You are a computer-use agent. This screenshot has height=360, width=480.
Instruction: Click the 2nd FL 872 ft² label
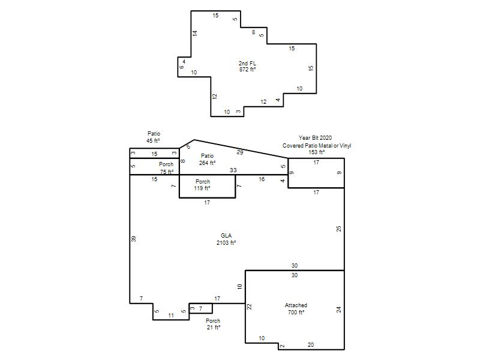[247, 67]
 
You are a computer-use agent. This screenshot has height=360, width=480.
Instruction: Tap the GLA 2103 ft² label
[226, 239]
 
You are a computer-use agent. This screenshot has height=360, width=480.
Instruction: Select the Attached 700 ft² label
[296, 308]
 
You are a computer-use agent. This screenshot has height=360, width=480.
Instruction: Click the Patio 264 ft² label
[207, 160]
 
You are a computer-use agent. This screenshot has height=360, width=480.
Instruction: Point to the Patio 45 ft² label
[154, 137]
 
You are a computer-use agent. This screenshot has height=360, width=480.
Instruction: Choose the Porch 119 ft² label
[202, 185]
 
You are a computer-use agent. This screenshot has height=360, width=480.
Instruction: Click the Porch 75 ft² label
[166, 168]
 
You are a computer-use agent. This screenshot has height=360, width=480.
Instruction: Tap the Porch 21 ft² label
[213, 324]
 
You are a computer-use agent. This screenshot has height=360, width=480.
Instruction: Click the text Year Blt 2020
[316, 138]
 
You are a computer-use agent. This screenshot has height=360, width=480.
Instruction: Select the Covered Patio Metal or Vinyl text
[317, 146]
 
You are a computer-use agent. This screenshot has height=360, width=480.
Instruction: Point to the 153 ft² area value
[317, 152]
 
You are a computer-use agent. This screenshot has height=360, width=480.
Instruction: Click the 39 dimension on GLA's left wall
[133, 239]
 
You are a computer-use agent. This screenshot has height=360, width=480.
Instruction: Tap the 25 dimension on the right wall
[338, 229]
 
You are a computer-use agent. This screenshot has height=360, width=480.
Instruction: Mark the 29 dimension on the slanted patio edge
[240, 152]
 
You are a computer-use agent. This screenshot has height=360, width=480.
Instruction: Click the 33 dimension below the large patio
[233, 170]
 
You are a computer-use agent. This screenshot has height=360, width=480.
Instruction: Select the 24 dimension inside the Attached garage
[338, 310]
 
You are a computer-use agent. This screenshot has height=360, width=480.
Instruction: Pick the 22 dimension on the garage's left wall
[249, 307]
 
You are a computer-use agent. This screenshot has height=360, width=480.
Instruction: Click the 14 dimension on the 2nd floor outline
[195, 34]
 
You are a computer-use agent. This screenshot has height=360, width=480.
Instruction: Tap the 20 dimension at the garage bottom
[311, 344]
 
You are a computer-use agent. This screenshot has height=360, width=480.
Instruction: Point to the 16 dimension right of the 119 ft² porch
[262, 179]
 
